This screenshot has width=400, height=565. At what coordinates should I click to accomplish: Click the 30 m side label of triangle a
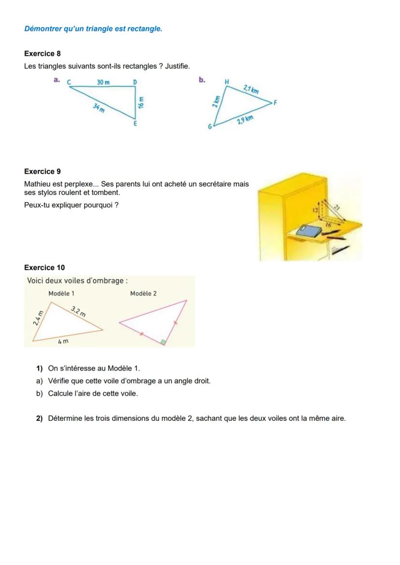click(x=103, y=83)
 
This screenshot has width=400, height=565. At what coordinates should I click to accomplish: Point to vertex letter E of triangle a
click(x=135, y=124)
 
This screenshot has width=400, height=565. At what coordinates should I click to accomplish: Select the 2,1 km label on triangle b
click(x=251, y=89)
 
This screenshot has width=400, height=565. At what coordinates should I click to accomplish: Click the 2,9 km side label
click(x=245, y=120)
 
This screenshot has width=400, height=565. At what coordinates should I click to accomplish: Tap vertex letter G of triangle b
click(x=210, y=127)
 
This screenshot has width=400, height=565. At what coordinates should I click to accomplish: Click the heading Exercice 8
click(x=43, y=54)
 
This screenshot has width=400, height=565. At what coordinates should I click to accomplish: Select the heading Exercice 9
click(x=43, y=171)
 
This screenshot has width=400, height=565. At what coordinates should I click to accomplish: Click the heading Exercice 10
click(x=44, y=267)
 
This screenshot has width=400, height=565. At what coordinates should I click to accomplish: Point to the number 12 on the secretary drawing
click(x=314, y=210)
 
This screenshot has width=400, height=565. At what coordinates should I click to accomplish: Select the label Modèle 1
click(x=61, y=293)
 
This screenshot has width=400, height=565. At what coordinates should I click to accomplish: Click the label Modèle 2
click(x=143, y=293)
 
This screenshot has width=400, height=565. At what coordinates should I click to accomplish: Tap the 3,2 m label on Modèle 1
click(x=79, y=311)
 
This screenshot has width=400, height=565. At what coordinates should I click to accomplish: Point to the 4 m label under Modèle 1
click(x=63, y=341)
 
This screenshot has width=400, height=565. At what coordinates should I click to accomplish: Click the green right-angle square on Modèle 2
click(x=164, y=342)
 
